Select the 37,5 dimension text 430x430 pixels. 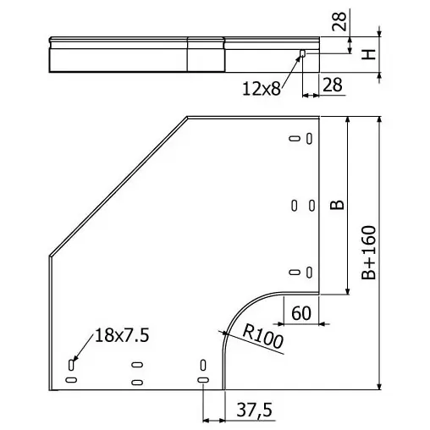pos(255,410)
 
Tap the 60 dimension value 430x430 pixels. pos(301,313)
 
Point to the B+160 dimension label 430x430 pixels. pos(369,252)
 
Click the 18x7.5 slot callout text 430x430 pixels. pos(122,335)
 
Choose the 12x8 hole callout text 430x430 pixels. pos(262,89)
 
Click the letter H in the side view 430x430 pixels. pos(369,54)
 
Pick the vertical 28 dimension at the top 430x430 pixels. pos(339,21)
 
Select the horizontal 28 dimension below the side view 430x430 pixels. pos(333,85)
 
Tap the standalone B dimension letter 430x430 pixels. pos(337,205)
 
